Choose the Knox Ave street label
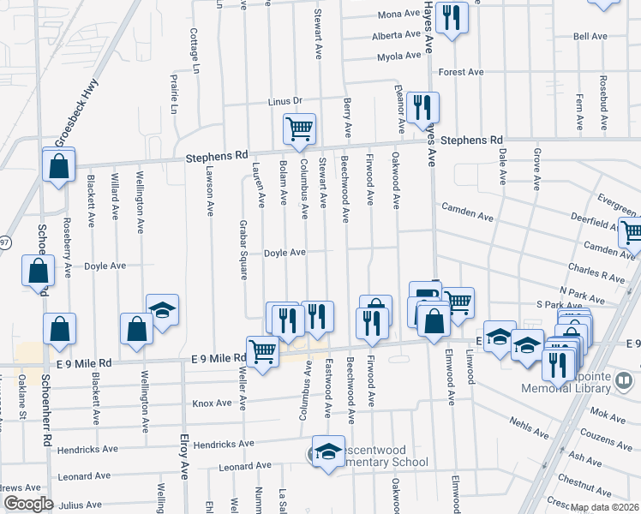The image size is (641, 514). click(x=213, y=403)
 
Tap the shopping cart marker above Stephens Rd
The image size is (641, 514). click(x=299, y=129)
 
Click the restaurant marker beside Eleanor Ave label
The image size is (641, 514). click(x=422, y=108)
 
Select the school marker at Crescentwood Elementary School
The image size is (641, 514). click(x=327, y=452)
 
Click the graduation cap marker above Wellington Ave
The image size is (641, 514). click(x=162, y=311)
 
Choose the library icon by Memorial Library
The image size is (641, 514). click(x=624, y=379)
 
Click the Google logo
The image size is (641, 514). click(x=28, y=504)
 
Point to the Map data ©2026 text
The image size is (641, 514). click(x=604, y=507)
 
